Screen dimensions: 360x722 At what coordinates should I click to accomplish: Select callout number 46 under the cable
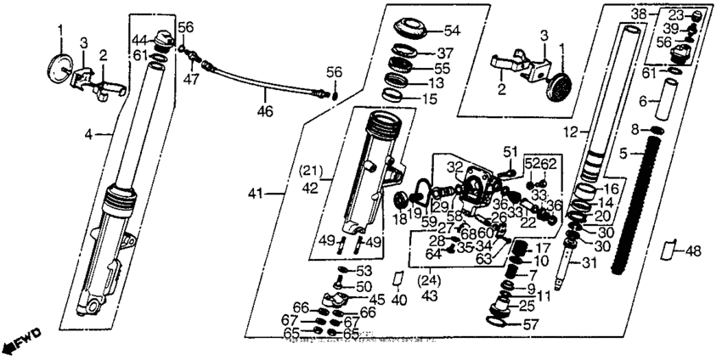pos(268,111)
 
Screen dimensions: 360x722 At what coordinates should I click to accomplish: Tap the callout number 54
pos(450,31)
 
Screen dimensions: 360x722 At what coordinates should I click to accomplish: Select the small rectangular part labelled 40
pos(397,278)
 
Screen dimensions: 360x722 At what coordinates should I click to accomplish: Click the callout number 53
pos(364,271)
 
